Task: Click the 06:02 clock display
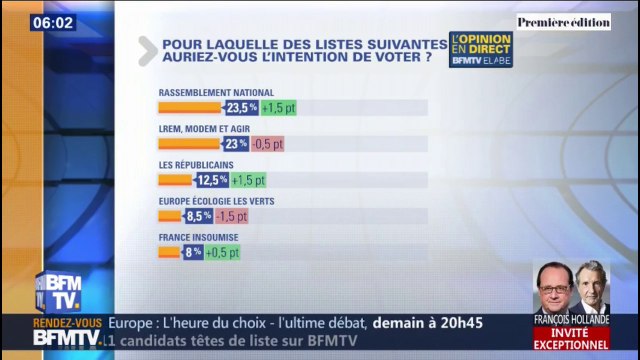pyautogui.click(x=53, y=22)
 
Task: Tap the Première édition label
pyautogui.click(x=564, y=21)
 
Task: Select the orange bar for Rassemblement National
pyautogui.click(x=190, y=107)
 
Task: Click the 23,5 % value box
pyautogui.click(x=242, y=107)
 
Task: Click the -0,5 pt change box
pyautogui.click(x=267, y=144)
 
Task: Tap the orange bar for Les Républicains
pyautogui.click(x=176, y=180)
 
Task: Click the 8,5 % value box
pyautogui.click(x=199, y=216)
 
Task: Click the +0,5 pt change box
pyautogui.click(x=223, y=252)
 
